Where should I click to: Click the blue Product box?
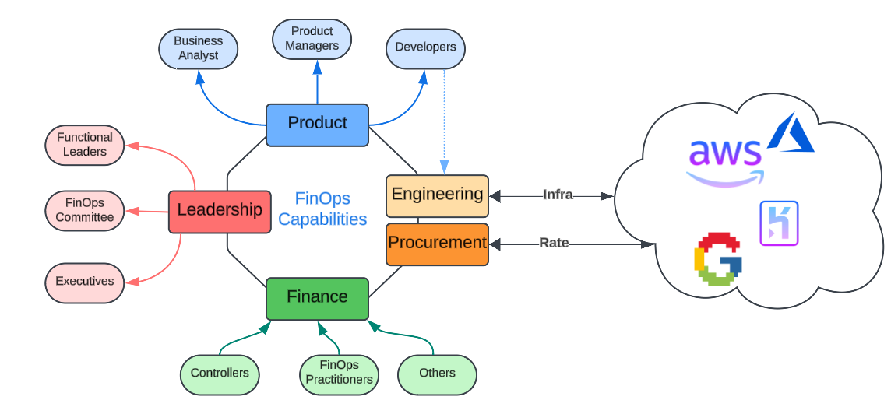(317, 125)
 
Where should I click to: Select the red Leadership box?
(220, 212)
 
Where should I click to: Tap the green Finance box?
(317, 299)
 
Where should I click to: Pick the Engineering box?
(437, 196)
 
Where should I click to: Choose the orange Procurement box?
(437, 244)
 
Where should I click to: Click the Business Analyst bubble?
(199, 49)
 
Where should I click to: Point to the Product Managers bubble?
(312, 39)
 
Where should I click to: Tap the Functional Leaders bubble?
(85, 146)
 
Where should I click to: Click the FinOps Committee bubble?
(85, 211)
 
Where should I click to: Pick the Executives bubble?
(85, 282)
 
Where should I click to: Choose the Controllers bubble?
(220, 374)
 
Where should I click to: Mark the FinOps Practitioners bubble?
(340, 374)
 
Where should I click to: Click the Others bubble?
(437, 374)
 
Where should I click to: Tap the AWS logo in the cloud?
(725, 162)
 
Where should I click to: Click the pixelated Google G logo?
(717, 258)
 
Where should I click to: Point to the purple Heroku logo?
(779, 223)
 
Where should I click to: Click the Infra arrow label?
(558, 195)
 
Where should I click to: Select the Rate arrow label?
(554, 243)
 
